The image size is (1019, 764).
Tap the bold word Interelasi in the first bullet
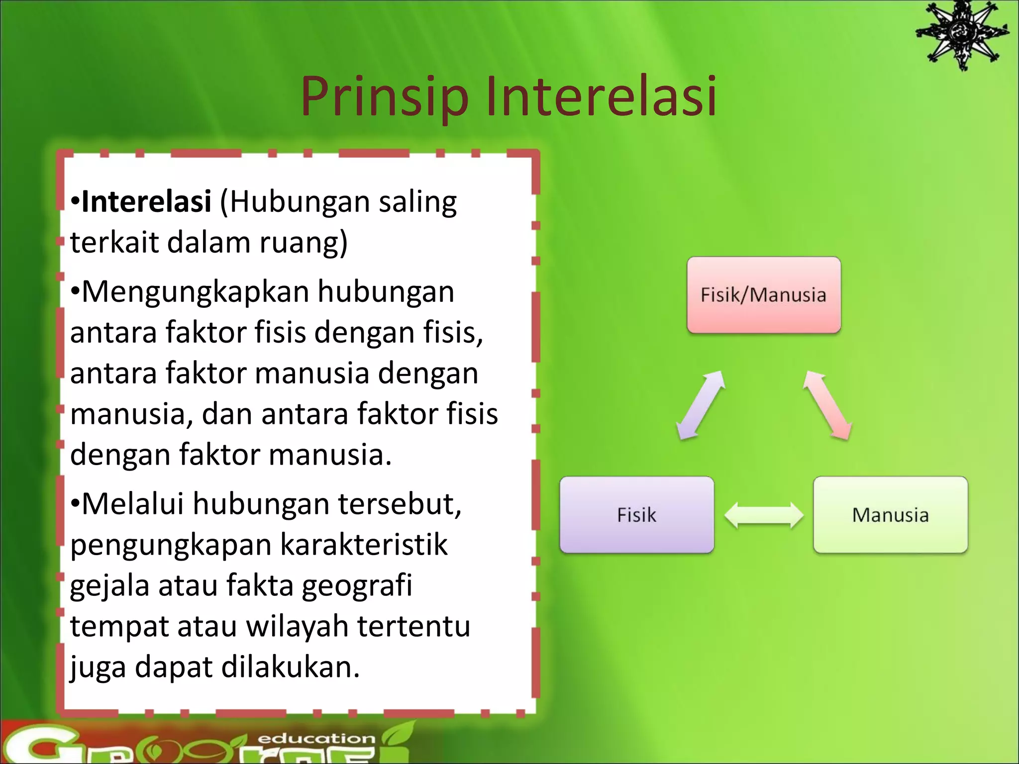point(146,201)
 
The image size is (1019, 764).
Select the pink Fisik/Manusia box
point(764,295)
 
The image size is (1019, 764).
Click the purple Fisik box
point(636,515)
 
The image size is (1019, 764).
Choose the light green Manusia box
point(890,515)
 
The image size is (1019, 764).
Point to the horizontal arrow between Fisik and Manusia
point(764,515)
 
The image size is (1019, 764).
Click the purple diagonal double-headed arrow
point(701,405)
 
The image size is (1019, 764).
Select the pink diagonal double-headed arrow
point(827,405)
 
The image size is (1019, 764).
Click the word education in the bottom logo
point(316,739)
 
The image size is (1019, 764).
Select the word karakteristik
point(364,545)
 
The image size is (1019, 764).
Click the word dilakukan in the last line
point(290,667)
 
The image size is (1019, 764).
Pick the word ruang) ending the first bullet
point(303,242)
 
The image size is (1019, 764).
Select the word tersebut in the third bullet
point(400,504)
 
